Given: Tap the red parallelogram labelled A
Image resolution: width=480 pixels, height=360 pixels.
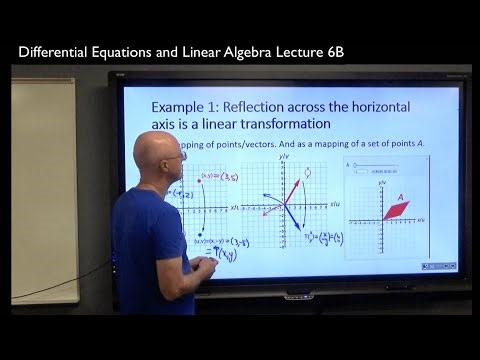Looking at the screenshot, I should click(x=397, y=211).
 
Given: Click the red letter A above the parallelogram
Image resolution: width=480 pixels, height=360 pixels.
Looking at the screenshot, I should click(x=400, y=197).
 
